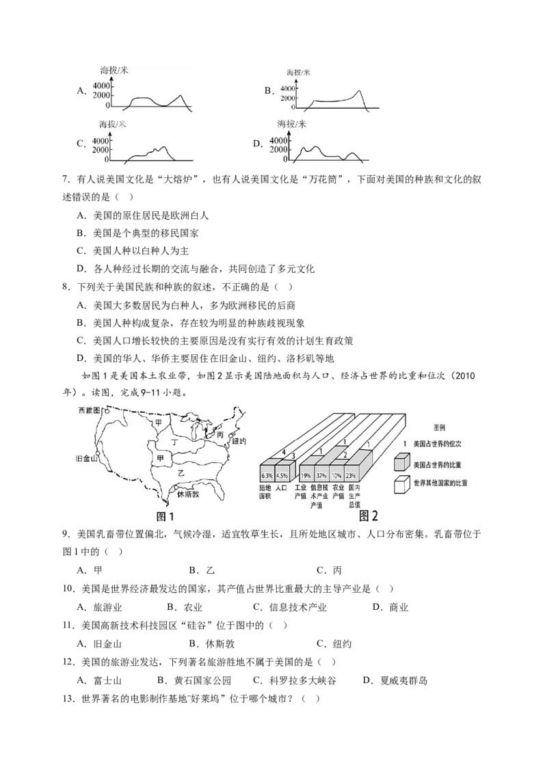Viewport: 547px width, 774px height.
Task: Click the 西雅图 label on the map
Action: tap(89, 410)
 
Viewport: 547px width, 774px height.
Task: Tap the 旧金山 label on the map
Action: tap(86, 459)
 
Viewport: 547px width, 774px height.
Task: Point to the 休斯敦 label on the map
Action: tap(188, 494)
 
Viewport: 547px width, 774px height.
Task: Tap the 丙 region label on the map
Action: tap(220, 435)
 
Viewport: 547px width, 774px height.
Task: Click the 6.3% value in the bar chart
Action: tap(267, 476)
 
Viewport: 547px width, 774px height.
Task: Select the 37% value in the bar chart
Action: tap(321, 476)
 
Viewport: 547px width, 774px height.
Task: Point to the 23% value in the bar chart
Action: tap(351, 476)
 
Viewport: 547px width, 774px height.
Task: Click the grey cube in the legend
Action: tap(402, 462)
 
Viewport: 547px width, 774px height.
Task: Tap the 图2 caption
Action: tap(369, 516)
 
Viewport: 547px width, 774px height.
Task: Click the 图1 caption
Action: tap(165, 516)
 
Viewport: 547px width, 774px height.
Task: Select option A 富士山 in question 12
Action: tap(99, 680)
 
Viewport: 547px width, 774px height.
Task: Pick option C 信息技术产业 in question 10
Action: tap(290, 607)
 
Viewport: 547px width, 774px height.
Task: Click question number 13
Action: tap(68, 699)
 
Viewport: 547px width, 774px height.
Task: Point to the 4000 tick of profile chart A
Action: tap(101, 86)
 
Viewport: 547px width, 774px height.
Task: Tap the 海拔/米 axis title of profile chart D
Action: tap(292, 124)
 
